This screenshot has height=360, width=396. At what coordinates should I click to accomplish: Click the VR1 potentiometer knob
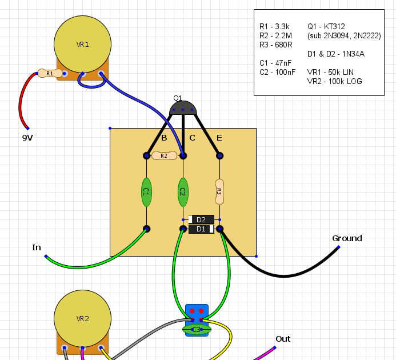82,44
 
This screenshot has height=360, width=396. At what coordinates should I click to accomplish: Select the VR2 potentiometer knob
82,318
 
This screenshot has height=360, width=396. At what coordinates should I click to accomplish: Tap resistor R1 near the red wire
50,74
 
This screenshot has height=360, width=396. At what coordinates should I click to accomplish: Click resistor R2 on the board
164,155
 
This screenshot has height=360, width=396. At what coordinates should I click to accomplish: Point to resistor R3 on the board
219,192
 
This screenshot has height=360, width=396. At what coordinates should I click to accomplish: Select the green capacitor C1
146,192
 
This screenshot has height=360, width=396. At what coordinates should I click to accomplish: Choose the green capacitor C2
183,192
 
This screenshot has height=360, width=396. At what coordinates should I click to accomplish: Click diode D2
201,219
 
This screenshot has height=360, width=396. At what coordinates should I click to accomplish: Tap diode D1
201,229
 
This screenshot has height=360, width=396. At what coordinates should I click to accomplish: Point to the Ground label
347,238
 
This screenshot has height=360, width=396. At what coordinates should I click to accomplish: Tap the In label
37,247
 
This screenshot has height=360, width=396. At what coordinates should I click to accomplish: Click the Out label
283,339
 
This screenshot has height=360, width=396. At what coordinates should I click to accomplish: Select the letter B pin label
164,138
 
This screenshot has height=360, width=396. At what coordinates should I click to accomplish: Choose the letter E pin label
219,138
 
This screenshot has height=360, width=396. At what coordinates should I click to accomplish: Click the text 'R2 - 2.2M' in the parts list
275,35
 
